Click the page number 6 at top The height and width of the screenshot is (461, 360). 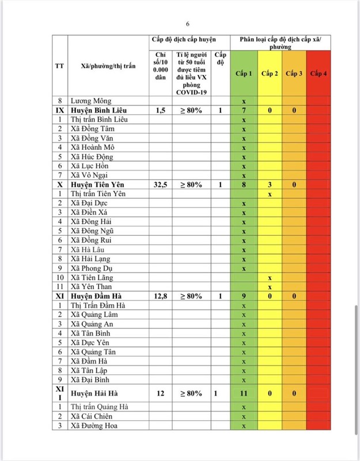(187, 24)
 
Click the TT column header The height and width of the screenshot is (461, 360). (59, 66)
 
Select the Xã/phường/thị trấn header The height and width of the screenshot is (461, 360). (108, 66)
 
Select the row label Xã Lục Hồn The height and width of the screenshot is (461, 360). (90, 166)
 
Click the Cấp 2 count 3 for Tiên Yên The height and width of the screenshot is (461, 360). (270, 184)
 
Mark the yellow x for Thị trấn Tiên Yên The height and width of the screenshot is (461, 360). (270, 194)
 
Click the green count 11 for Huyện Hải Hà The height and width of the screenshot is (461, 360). (244, 394)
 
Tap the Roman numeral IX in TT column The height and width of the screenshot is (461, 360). (59, 110)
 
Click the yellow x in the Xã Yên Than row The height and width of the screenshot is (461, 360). (270, 287)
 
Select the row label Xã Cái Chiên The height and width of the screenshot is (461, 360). (92, 417)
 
